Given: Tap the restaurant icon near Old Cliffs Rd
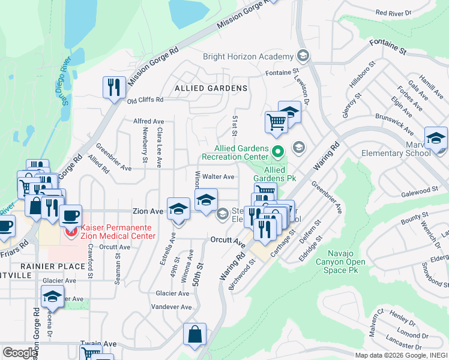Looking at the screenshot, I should coord(112,88).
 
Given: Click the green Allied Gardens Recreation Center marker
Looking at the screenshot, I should coord(277,151).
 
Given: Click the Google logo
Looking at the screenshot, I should coord(20,352).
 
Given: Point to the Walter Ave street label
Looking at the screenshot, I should coord(218,177).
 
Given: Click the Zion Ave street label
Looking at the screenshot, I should coord(148,212).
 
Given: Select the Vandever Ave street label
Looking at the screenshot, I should coord(172,307).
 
